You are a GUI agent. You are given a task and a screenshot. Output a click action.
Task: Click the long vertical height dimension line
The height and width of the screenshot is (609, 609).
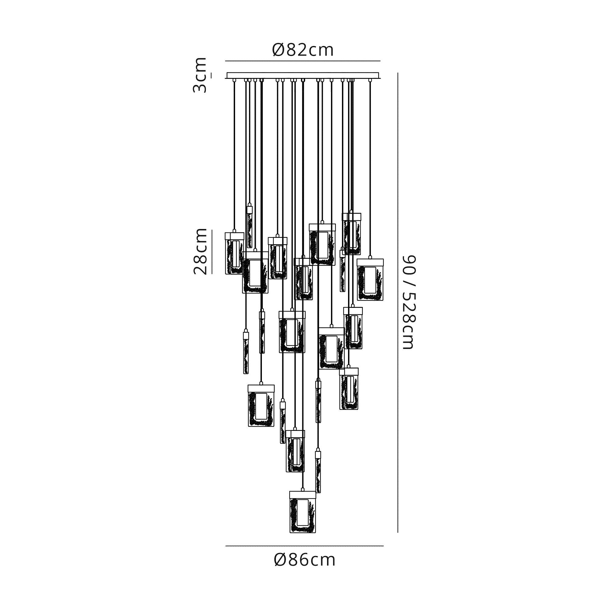pos(398,303)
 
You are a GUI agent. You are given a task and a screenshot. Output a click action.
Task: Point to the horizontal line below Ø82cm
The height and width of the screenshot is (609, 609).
pos(303,61)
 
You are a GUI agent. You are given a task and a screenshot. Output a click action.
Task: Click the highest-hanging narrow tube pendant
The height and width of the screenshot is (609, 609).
pos(250,227)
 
